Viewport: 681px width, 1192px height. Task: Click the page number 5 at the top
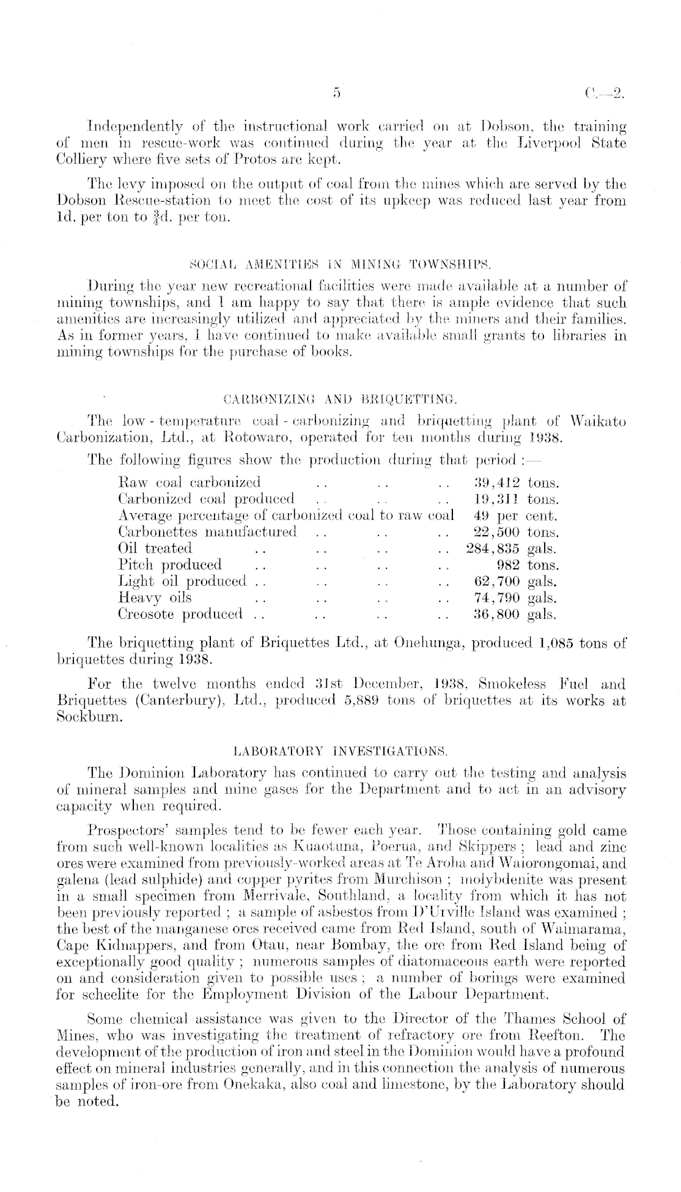336,93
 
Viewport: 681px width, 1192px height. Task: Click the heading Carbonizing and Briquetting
340,401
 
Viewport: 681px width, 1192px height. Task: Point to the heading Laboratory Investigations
340,749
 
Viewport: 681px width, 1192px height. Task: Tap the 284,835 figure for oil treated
493,548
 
